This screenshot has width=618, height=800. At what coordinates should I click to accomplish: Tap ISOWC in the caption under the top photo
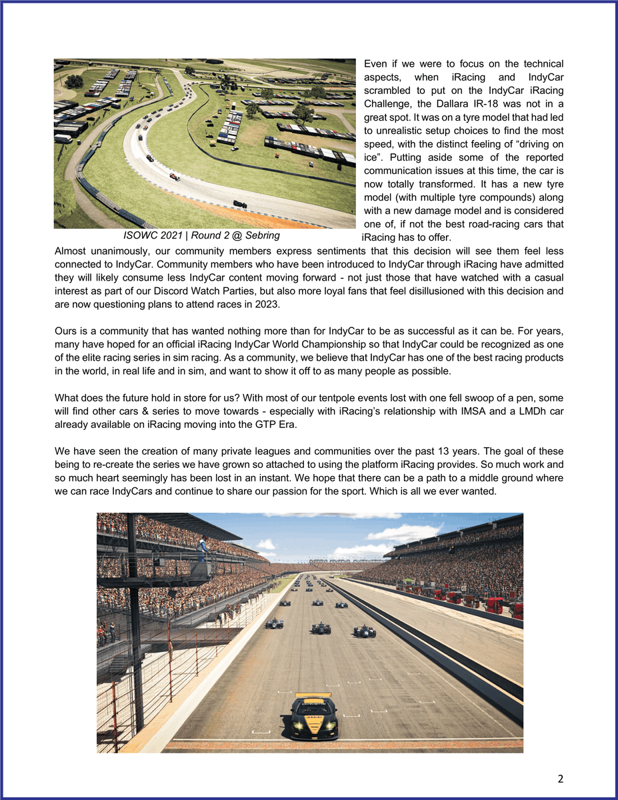[x=139, y=236]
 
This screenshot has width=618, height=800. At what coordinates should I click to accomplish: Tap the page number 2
[x=561, y=778]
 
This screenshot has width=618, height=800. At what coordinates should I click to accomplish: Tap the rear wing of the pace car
[x=313, y=695]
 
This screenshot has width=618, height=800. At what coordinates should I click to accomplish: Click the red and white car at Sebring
[x=175, y=177]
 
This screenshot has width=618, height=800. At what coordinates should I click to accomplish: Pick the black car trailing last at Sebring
[x=239, y=204]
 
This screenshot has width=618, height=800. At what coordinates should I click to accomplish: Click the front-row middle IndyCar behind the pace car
[x=321, y=627]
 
